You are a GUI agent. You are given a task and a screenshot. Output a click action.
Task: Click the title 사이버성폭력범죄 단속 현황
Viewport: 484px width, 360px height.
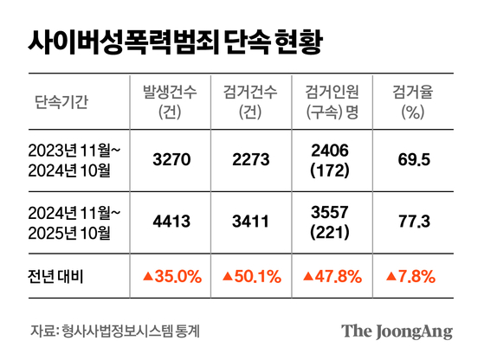[x=177, y=41]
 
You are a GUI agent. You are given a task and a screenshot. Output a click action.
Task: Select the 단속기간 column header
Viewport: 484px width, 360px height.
[x=61, y=102]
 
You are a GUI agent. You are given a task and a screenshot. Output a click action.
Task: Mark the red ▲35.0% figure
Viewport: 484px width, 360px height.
[x=171, y=276]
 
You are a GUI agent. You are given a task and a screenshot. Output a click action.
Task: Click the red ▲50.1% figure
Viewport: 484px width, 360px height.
[x=250, y=276]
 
